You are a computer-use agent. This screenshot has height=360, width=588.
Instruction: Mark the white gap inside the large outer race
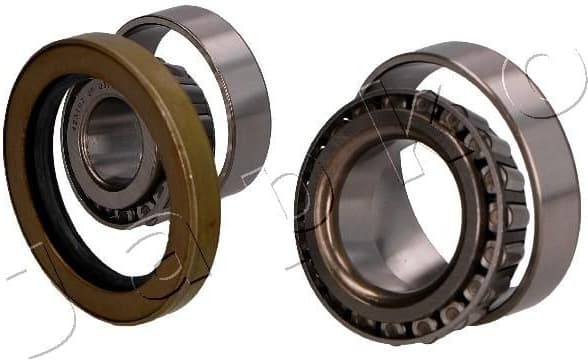(470, 100)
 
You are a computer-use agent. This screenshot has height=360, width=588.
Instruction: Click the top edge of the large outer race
(470, 47)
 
